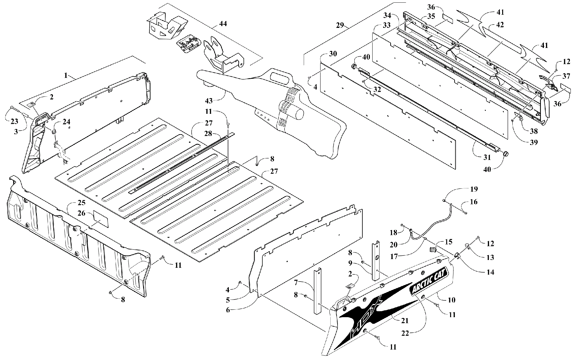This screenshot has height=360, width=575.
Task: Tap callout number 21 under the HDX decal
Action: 404,321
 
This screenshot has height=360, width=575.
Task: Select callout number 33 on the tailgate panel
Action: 387,25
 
